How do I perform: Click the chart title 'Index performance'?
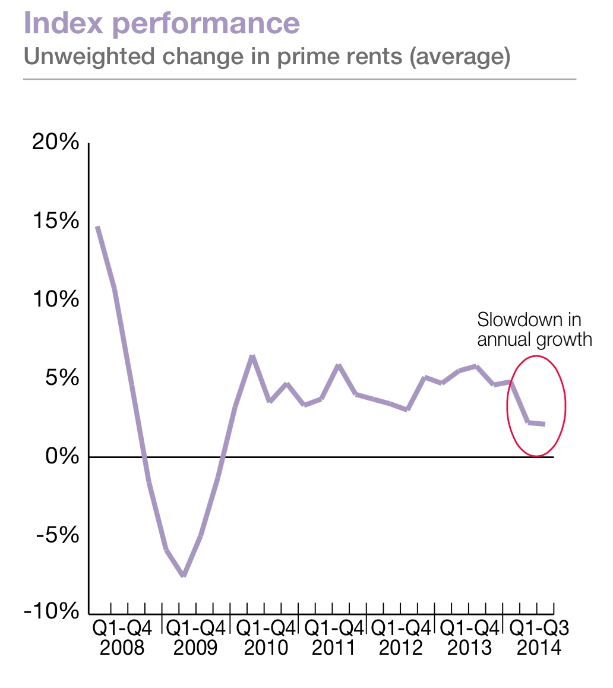pyautogui.click(x=162, y=23)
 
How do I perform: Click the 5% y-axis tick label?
pyautogui.click(x=62, y=378)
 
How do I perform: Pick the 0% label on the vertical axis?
pyautogui.click(x=62, y=456)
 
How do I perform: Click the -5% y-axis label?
pyautogui.click(x=58, y=535)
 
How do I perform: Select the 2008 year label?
pyautogui.click(x=122, y=648)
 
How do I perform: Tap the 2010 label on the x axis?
pyautogui.click(x=266, y=648)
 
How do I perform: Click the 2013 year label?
pyautogui.click(x=469, y=648)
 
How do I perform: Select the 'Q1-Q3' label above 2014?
pyautogui.click(x=539, y=629)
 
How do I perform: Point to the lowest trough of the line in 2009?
pyautogui.click(x=184, y=575)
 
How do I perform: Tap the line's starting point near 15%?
pyautogui.click(x=97, y=228)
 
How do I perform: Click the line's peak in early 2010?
pyautogui.click(x=252, y=356)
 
